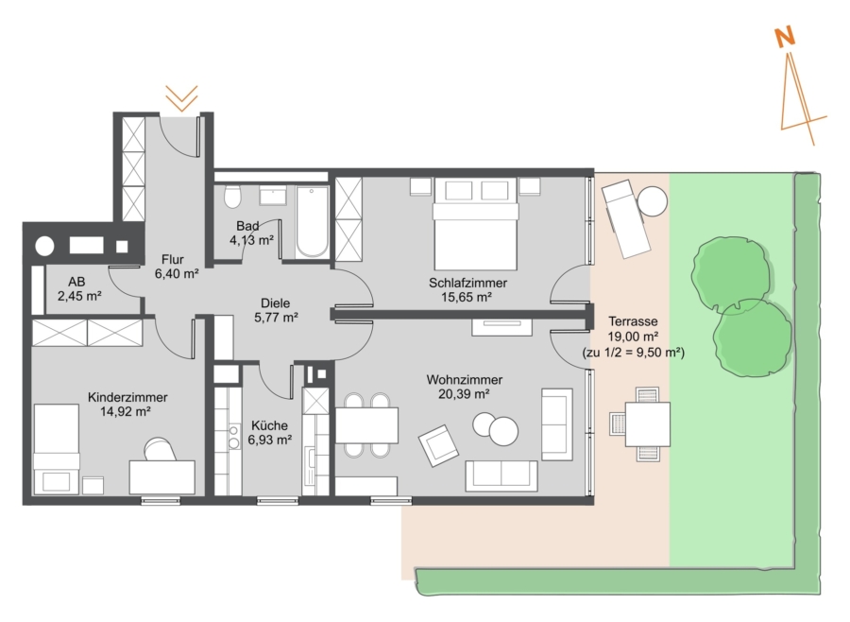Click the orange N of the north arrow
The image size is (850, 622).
[785, 37]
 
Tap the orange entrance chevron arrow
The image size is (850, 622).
[181, 98]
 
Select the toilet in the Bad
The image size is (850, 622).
[232, 197]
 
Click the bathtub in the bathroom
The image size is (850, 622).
[313, 221]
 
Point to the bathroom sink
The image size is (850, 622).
[273, 196]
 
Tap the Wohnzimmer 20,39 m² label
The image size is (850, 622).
[464, 387]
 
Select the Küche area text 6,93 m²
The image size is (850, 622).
[270, 440]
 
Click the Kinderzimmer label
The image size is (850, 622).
[127, 397]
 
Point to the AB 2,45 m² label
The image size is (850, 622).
[79, 288]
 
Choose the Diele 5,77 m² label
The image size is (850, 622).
[276, 310]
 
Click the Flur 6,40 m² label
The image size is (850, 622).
[177, 267]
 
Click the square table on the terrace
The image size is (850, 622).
[647, 424]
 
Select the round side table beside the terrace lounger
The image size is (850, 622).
[652, 201]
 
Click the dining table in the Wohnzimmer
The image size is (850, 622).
[366, 425]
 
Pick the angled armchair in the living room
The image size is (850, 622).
[438, 445]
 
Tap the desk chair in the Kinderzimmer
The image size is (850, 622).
[160, 449]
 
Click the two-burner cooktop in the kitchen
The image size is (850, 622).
[234, 437]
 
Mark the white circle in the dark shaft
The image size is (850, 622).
[45, 247]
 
